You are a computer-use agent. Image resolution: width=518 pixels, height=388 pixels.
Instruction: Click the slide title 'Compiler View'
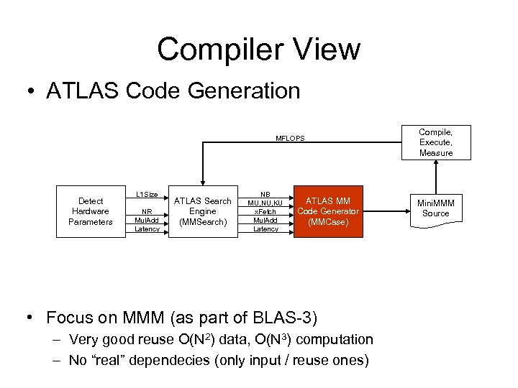tap(258, 50)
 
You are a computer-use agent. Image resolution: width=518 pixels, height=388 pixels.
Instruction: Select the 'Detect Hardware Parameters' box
tap(91, 211)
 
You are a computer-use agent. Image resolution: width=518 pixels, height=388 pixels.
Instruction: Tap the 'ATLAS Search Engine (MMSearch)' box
tap(202, 211)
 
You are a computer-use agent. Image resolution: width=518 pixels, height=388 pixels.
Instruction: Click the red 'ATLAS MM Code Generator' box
tap(327, 211)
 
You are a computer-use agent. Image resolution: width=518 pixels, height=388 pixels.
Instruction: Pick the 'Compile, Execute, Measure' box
tap(436, 142)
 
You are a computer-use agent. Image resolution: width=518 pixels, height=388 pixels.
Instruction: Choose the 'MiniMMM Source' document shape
tap(436, 208)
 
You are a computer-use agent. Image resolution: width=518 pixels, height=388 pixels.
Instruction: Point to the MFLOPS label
tap(290, 139)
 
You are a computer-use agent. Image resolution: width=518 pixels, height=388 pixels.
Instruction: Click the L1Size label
tap(147, 195)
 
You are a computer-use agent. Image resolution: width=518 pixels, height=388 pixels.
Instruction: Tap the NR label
tap(147, 212)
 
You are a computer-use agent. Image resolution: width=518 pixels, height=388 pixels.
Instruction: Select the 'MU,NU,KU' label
tap(265, 203)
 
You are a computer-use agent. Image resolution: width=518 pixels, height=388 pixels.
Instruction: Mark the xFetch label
tap(265, 212)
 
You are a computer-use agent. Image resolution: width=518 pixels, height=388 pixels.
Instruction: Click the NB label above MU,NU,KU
tap(265, 195)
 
